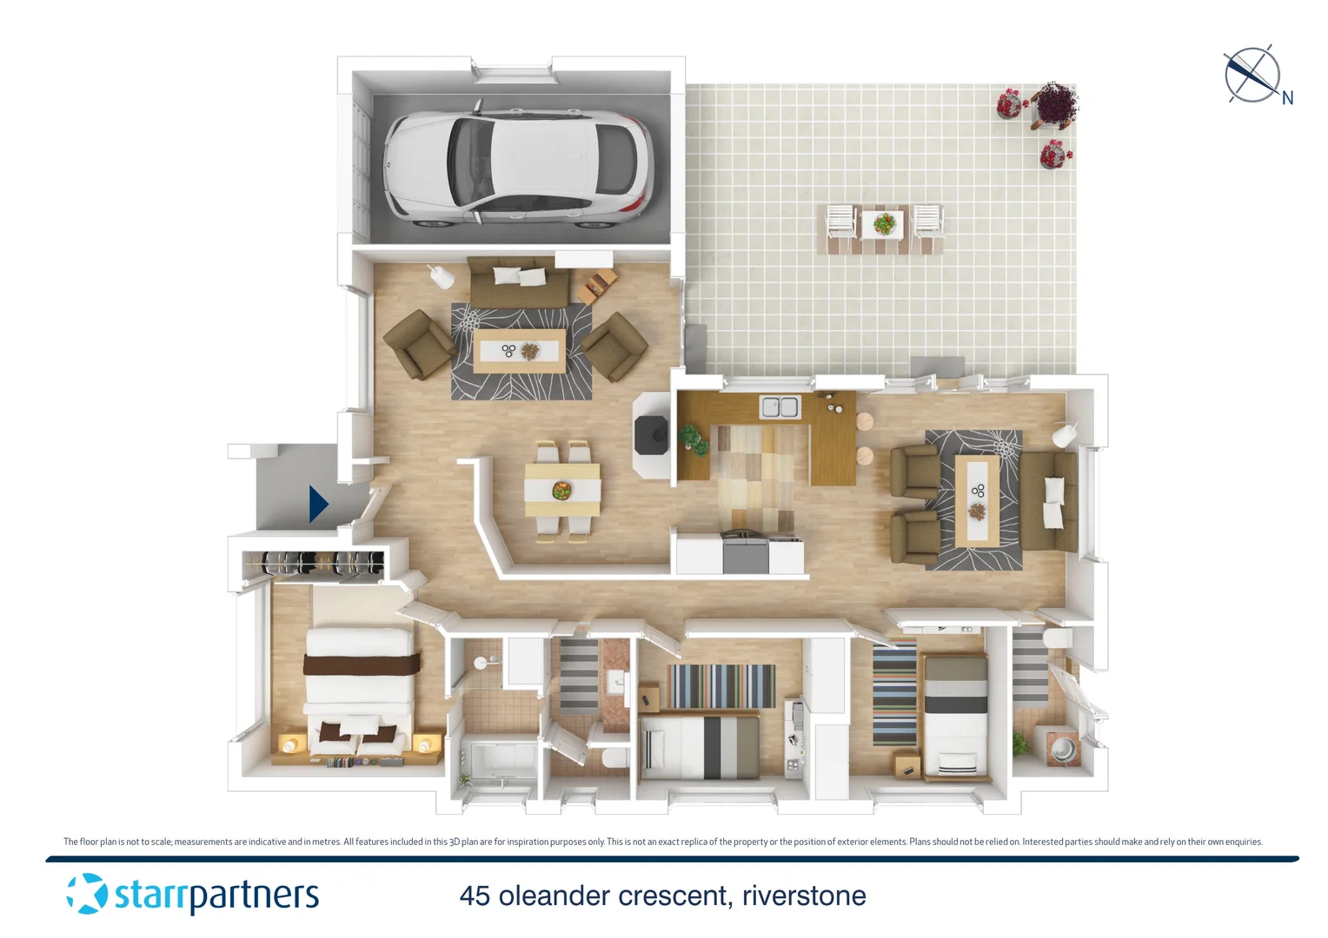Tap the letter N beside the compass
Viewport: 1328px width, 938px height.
pos(1287,98)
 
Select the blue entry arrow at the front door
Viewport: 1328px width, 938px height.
pos(318,504)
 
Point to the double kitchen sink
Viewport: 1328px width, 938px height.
pos(780,406)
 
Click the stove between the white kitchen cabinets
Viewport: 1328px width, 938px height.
pos(745,553)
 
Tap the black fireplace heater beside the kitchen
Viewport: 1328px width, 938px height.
pos(651,434)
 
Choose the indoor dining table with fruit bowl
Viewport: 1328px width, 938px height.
pos(562,492)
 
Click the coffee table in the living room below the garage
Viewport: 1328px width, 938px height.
pos(520,351)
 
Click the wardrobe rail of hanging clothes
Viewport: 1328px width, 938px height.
pos(313,564)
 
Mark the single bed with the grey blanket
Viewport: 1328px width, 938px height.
pos(954,717)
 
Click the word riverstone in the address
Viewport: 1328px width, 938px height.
pos(804,895)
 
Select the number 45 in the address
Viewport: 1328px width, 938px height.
pos(475,895)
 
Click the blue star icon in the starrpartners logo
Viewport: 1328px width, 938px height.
pos(87,894)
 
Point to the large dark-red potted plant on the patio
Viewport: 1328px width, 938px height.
pos(1055,103)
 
